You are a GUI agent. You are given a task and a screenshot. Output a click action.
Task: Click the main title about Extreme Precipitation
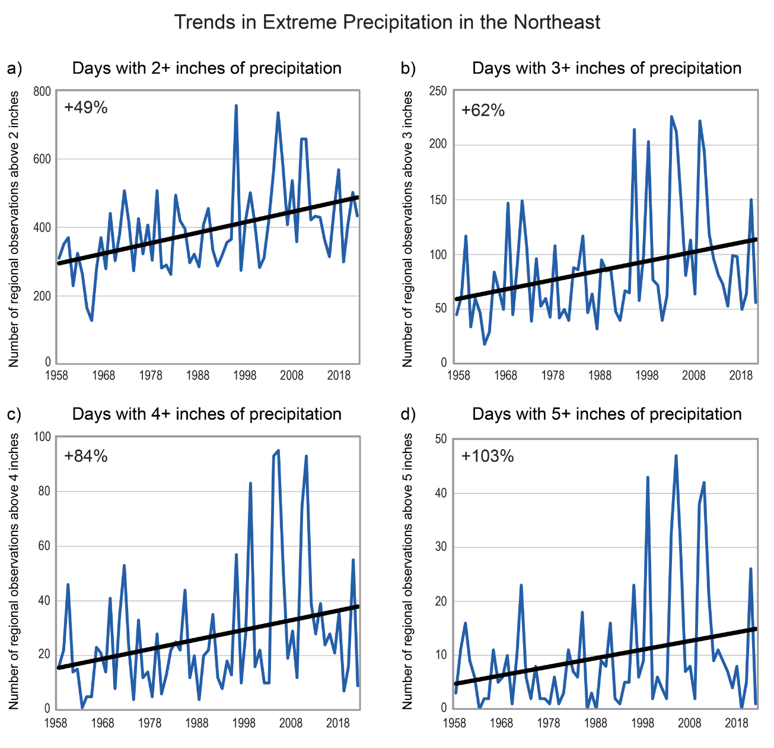click(387, 23)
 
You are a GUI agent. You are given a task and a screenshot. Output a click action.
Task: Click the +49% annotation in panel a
click(86, 107)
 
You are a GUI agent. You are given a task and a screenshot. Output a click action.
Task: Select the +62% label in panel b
click(483, 110)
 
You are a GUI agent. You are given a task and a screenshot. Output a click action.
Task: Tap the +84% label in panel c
click(86, 456)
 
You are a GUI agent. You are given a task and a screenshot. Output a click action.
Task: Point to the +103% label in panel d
click(488, 456)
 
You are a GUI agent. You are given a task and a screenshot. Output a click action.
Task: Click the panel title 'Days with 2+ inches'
click(206, 68)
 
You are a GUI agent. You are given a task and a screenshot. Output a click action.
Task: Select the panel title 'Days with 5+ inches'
click(607, 414)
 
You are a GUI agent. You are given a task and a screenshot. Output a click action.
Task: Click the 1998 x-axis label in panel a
click(244, 376)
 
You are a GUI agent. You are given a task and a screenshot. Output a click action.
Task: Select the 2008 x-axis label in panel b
click(693, 376)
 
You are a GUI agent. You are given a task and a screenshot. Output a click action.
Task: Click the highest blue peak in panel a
click(236, 106)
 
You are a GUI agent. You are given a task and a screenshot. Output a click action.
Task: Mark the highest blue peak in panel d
click(676, 456)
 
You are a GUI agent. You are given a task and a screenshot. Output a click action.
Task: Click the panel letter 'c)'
click(14, 414)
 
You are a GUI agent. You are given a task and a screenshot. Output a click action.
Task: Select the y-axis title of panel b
click(407, 229)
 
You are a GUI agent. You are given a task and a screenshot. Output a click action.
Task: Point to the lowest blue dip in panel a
click(92, 321)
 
